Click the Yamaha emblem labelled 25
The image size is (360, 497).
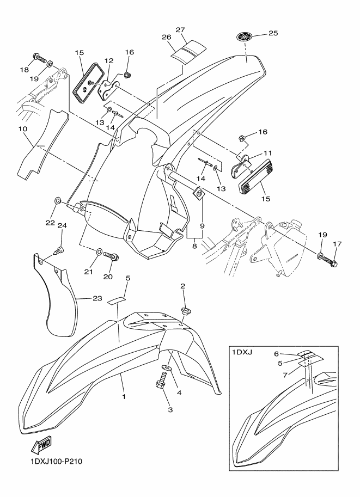[245, 37]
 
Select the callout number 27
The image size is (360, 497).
[180, 29]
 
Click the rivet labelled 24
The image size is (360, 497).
[60, 250]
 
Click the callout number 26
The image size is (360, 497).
[167, 37]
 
